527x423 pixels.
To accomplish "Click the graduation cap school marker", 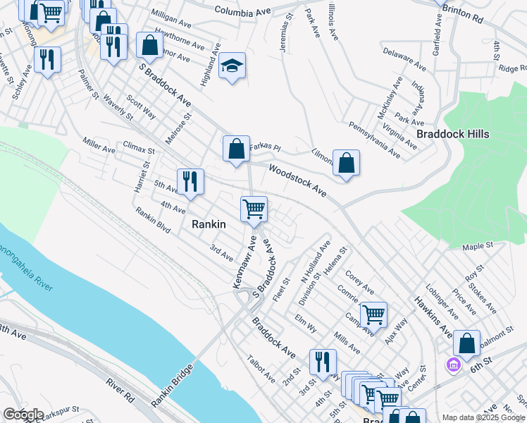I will coord(232,66).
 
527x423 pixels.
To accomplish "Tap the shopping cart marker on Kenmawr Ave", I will coord(254,209).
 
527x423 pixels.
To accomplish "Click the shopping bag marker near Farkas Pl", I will coord(237,149).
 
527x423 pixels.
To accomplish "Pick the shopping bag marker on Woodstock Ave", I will coord(346,164).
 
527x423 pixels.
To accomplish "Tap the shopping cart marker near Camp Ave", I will coord(373,314).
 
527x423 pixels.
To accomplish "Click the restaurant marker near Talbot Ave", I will coord(323,362).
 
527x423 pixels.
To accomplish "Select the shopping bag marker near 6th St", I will coord(466,344).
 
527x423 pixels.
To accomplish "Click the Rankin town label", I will coord(209,224).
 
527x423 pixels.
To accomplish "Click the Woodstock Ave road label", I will coord(298,180).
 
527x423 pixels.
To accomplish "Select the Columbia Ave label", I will coord(242,11).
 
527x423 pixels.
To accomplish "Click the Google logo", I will coord(23,415).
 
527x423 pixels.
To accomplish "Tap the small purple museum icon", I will coord(452,364).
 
